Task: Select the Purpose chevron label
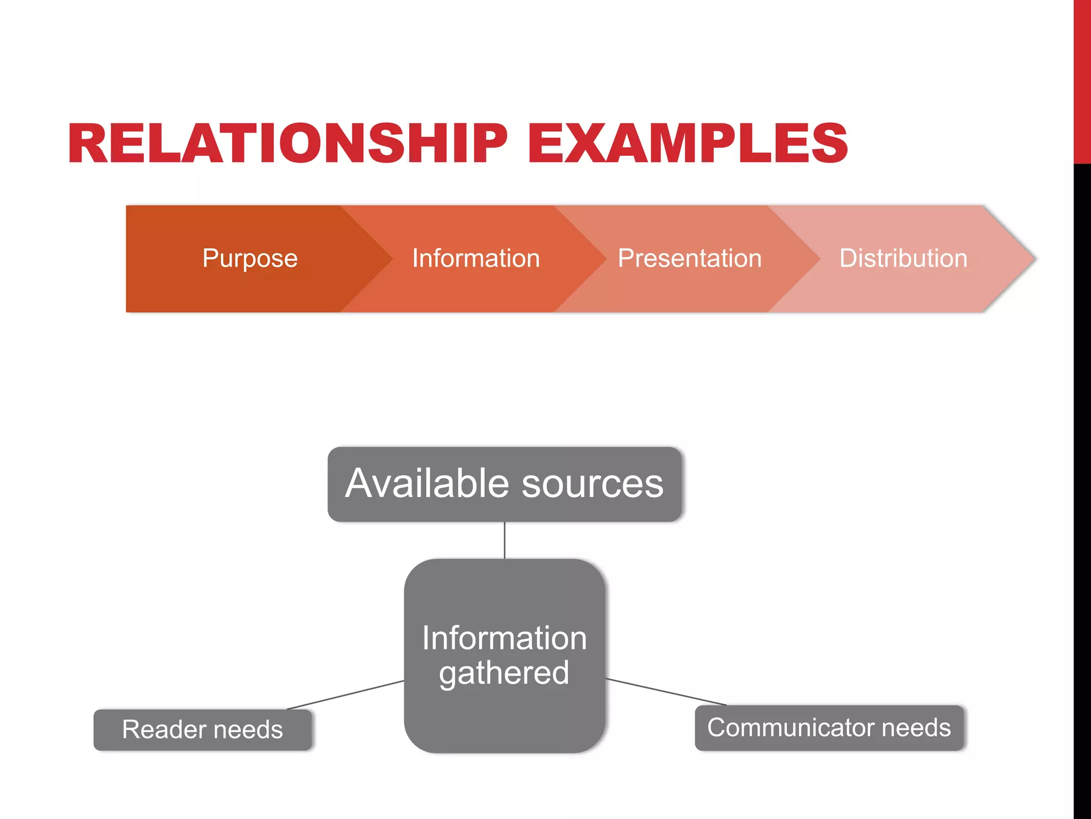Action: pyautogui.click(x=250, y=259)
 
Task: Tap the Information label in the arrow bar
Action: pyautogui.click(x=476, y=259)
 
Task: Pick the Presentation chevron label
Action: pyautogui.click(x=689, y=259)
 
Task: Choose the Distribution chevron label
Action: pyautogui.click(x=903, y=259)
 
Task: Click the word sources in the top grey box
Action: pyautogui.click(x=592, y=484)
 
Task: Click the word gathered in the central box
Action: pyautogui.click(x=504, y=673)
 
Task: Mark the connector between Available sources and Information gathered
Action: pyautogui.click(x=504, y=540)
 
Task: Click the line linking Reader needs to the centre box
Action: pyautogui.click(x=345, y=695)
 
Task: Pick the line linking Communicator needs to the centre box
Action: pyautogui.click(x=666, y=692)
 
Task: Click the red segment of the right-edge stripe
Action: pyautogui.click(x=1082, y=80)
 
